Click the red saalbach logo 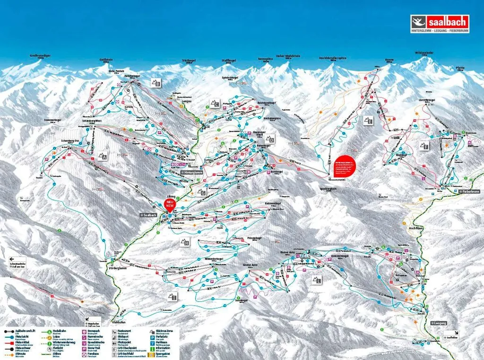pyautogui.click(x=440, y=22)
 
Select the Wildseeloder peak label pyautogui.click(x=424, y=53)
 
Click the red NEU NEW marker pyautogui.click(x=170, y=204)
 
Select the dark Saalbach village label pyautogui.click(x=148, y=215)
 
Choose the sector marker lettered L pyautogui.click(x=316, y=280)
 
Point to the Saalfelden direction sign pyautogui.click(x=450, y=335)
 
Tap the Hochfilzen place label pyautogui.click(x=415, y=228)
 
